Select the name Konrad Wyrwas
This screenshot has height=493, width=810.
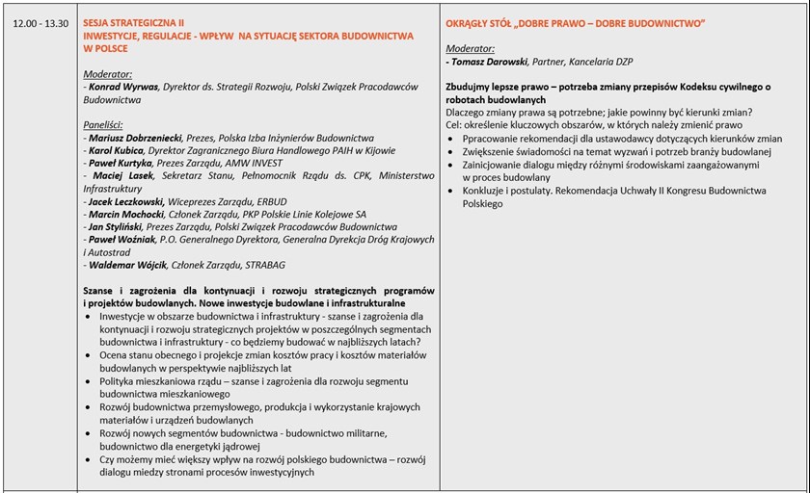point(121,86)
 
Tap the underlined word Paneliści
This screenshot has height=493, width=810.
point(107,125)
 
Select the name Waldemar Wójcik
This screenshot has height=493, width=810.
point(127,265)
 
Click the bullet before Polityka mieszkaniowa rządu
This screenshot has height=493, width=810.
point(91,382)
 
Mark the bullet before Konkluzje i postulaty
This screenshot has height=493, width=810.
point(453,191)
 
